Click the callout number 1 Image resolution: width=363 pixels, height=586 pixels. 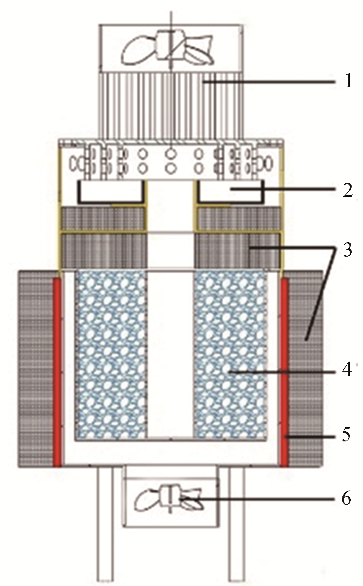click(347, 82)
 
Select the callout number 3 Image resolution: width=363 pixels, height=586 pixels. click(347, 247)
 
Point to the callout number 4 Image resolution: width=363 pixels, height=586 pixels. click(347, 371)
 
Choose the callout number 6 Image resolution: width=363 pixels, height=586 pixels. click(347, 499)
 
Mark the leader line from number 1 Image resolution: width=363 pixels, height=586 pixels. click(270, 82)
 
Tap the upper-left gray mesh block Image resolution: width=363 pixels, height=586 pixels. click(103, 218)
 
